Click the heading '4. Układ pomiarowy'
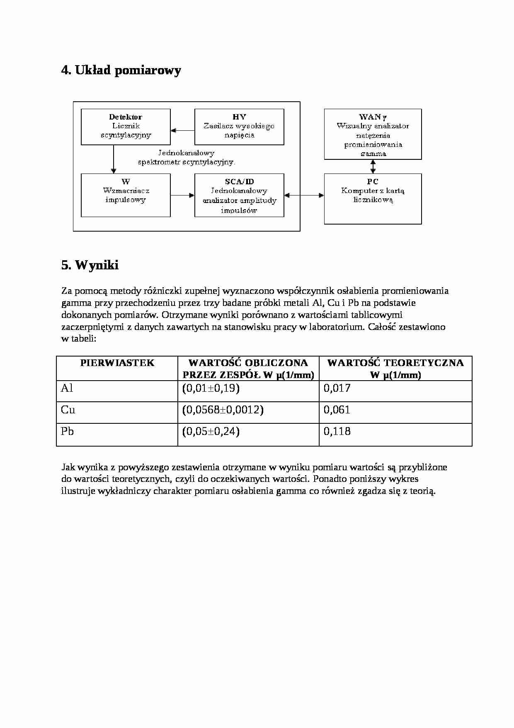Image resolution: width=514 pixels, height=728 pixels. tap(121, 71)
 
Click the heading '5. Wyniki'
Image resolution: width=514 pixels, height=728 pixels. tap(90, 265)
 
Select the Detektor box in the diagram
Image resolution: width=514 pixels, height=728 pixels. tap(126, 127)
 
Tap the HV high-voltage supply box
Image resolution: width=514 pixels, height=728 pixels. tap(239, 127)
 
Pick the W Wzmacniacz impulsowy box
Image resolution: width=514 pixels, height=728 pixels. tap(126, 195)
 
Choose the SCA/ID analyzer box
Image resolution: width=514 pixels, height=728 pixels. tap(239, 195)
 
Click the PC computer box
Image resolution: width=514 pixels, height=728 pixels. tap(373, 198)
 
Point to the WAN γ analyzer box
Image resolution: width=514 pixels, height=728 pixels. tap(373, 134)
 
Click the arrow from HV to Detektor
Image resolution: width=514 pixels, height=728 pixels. tap(182, 130)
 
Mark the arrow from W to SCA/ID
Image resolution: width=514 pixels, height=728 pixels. tap(182, 195)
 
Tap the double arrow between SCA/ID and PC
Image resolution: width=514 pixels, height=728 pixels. tap(304, 195)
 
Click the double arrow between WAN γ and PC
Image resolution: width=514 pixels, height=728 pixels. tap(373, 166)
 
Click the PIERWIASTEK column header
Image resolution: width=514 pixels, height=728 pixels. tap(117, 363)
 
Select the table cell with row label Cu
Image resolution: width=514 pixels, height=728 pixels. tap(68, 410)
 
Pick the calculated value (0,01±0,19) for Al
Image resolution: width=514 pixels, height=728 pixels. tap(211, 388)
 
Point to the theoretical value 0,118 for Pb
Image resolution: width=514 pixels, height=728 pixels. tap(337, 432)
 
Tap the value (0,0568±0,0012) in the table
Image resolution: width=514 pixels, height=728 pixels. tap(223, 410)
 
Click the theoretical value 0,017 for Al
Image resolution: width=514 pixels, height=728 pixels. tap(337, 388)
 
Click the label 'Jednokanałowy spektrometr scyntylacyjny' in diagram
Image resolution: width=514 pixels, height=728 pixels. tap(187, 158)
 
